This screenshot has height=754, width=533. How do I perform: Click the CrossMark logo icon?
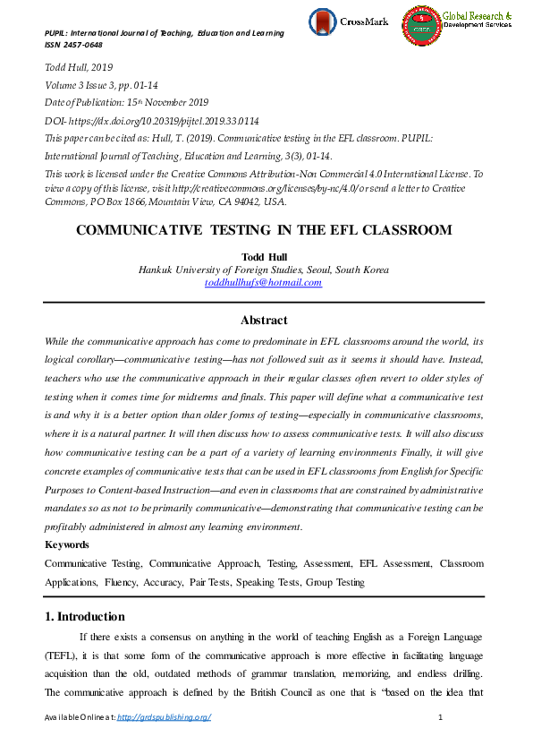point(323,22)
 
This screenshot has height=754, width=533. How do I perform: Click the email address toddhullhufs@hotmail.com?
point(263,283)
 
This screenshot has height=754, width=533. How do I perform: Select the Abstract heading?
point(264,320)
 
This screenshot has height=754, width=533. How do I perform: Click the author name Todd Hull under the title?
point(263,255)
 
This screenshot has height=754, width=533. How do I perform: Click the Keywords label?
point(67,544)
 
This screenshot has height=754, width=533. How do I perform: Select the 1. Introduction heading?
point(85,616)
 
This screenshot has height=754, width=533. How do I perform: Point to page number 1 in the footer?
point(442,718)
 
